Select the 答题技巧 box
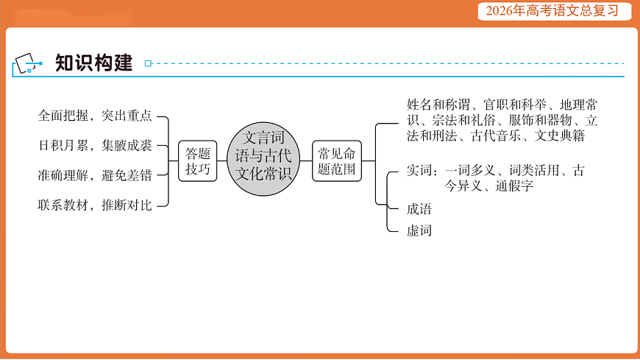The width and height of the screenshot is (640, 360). coord(197,161)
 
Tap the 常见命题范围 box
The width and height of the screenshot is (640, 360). coord(337,161)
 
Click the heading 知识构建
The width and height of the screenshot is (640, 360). coord(93,63)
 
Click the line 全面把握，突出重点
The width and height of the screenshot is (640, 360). coord(95,116)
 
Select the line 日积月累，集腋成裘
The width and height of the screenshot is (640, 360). coord(95,145)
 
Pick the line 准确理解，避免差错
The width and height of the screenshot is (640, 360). coord(95,175)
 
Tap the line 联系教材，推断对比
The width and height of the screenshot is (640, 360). coord(95,205)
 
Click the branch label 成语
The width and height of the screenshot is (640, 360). coord(419,208)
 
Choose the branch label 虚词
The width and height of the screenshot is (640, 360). coord(419,230)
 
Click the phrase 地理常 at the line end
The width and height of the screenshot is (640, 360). coord(578,105)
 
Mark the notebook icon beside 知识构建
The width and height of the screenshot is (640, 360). coord(28,64)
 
